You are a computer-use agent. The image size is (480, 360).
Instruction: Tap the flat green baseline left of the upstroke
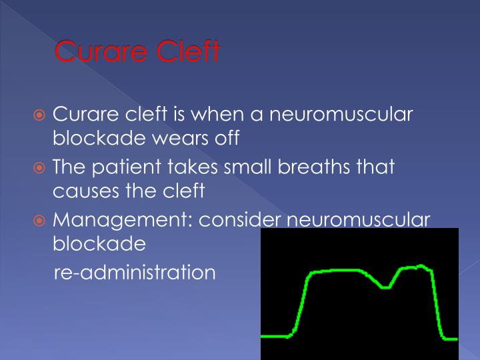point(275,337)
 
